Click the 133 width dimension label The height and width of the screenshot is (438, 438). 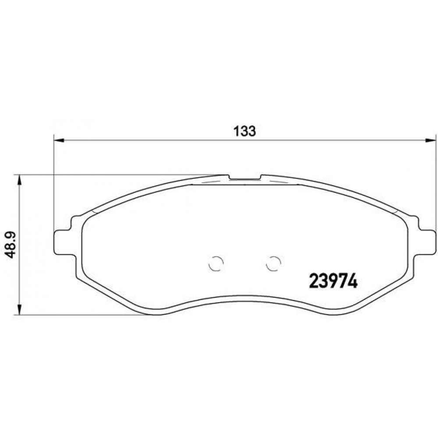click(244, 131)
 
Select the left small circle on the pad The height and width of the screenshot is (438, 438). click(216, 263)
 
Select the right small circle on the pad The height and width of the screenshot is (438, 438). click(273, 263)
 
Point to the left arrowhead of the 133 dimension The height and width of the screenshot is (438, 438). click(59, 140)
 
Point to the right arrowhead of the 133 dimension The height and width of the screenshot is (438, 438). click(430, 140)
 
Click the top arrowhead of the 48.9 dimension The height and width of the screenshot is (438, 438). click(19, 180)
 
